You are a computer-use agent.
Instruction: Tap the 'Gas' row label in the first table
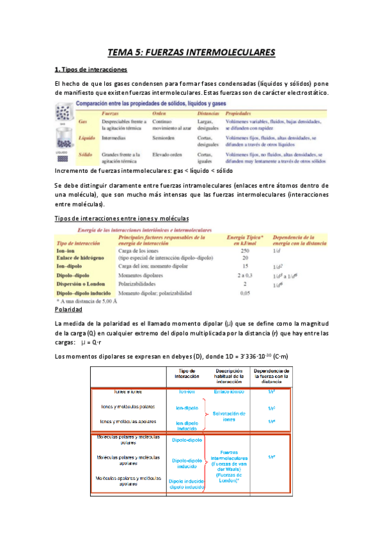82,121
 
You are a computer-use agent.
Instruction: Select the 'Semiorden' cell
166,138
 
